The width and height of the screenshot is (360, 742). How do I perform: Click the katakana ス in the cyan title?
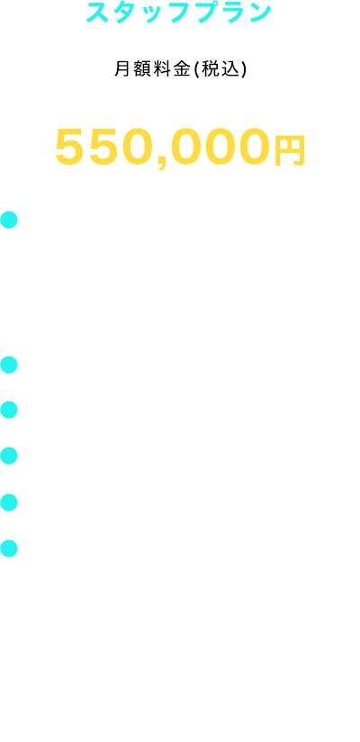[x=98, y=13]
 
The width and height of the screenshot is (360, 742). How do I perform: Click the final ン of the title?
[x=261, y=13]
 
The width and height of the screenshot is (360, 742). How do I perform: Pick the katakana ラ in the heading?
[x=236, y=13]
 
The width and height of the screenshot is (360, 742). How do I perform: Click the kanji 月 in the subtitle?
[x=121, y=69]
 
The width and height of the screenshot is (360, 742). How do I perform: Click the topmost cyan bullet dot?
[x=9, y=220]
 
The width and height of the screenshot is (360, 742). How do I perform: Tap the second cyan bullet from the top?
[x=9, y=365]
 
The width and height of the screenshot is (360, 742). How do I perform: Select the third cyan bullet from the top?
[x=9, y=410]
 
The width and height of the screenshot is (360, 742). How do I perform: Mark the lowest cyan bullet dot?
[x=9, y=548]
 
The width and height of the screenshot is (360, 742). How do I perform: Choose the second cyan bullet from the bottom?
[x=9, y=502]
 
